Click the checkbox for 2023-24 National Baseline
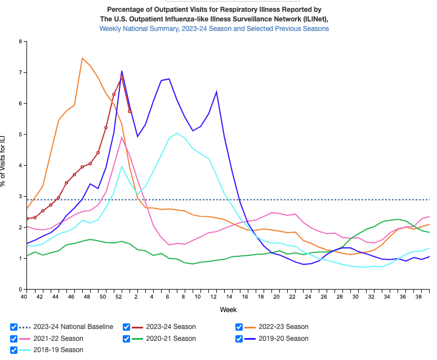click(x=14, y=327)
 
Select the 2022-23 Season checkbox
click(x=239, y=327)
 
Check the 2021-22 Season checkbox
click(x=14, y=339)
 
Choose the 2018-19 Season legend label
click(x=58, y=350)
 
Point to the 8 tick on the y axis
click(x=20, y=42)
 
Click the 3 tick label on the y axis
click(x=20, y=197)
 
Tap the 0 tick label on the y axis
click(x=20, y=290)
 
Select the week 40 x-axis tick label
click(x=24, y=296)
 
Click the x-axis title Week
click(x=228, y=309)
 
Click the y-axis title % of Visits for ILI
click(x=5, y=166)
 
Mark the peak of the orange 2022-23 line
click(x=82, y=58)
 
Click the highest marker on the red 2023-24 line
click(x=122, y=78)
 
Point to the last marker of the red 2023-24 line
click(x=130, y=111)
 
